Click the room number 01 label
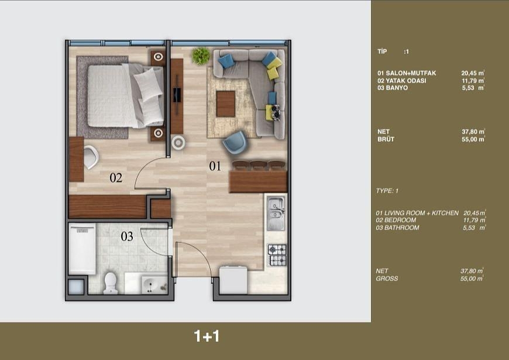pos(215,166)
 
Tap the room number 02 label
pos(116,178)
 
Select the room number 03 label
pos(127,236)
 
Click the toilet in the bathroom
pos(109,283)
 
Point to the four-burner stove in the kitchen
pos(277,255)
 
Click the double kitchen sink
pos(275,214)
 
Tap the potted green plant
pos(201,56)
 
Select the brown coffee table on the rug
pos(226,104)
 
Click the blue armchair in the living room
pos(235,142)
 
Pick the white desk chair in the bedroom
pos(90,156)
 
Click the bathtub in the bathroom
pos(82,249)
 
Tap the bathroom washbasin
pos(154,286)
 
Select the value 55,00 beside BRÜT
pos(473,139)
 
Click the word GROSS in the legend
pos(387,279)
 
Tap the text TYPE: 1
pos(387,191)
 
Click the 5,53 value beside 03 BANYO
pos(473,87)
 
